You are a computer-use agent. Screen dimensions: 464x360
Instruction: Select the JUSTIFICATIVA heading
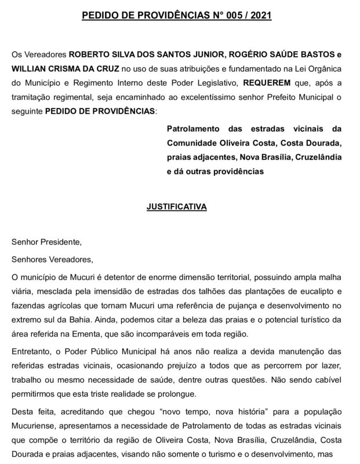tap(180, 205)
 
